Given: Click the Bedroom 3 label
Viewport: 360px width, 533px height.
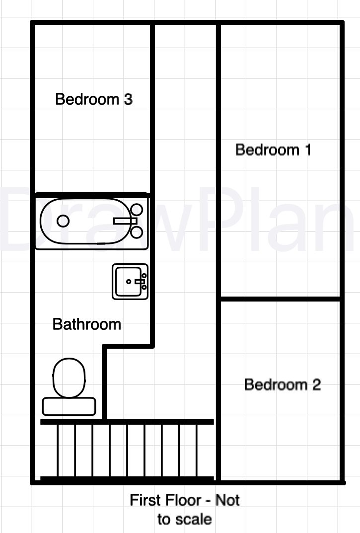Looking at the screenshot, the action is coord(94,99).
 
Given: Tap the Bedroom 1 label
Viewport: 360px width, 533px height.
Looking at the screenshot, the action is coord(273,150).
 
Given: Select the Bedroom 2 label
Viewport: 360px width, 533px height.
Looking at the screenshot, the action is coord(283,384).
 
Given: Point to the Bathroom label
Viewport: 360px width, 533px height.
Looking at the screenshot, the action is coord(87,324).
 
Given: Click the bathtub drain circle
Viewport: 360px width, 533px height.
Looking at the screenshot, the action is coord(63,221).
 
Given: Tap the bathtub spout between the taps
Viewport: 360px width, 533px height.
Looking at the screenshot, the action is coord(125,221).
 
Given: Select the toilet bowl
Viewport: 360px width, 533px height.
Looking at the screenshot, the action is coord(69,378).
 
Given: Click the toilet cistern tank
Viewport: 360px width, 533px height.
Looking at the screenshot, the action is coord(69,406).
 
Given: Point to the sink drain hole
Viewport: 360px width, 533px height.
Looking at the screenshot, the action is coord(129,282).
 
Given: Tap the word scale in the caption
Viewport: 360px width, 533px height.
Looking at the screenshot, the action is coord(194,519).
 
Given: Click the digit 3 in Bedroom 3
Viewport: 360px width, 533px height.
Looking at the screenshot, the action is coord(128,99).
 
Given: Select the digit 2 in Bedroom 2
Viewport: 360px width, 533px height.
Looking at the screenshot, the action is coord(317,384).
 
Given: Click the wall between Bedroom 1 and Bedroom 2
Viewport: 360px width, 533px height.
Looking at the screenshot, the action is coord(281,299).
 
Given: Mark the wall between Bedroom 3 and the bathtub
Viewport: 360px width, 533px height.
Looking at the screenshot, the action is coord(92,194).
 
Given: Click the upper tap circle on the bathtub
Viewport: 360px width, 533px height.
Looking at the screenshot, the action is coord(137,210).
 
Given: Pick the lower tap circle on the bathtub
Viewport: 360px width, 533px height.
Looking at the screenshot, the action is coord(137,232).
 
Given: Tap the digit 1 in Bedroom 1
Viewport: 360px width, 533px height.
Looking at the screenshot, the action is coord(308,150).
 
